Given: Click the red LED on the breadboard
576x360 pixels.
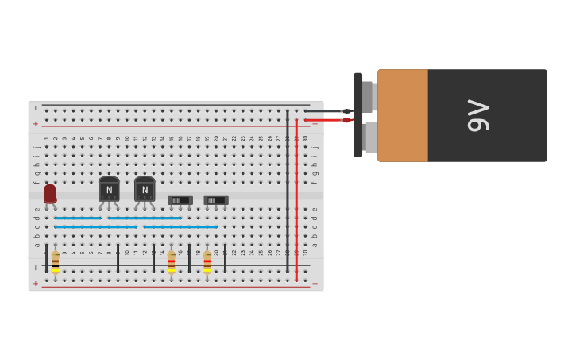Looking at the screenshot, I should (50, 193).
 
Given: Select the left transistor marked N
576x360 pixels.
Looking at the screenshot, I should (109, 190).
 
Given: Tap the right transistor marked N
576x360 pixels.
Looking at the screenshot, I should (145, 190).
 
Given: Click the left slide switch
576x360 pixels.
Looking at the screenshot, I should (180, 200).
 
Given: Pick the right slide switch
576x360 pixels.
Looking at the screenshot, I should (215, 200).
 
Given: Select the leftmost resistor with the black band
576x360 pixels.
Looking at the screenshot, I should (56, 261).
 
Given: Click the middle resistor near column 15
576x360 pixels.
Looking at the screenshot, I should (171, 261).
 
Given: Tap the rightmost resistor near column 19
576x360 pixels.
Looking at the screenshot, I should (207, 261).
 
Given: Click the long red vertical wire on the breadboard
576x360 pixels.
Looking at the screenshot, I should (296, 199).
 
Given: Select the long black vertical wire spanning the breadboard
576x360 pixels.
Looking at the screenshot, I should (288, 191).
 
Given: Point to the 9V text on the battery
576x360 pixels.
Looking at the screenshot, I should (478, 116).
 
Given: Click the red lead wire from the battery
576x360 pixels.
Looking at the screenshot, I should (326, 120).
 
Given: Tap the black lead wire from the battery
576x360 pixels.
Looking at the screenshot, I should (326, 111).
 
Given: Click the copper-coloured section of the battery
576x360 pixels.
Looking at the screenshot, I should (403, 116).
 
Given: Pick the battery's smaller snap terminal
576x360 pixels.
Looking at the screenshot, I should (368, 96).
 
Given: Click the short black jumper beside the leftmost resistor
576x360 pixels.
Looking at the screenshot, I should (46, 259).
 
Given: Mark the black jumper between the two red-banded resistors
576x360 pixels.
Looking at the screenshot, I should (189, 259).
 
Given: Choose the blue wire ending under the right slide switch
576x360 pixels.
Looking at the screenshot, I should (180, 226).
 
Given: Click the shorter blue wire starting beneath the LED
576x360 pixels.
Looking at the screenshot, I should (78, 218).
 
